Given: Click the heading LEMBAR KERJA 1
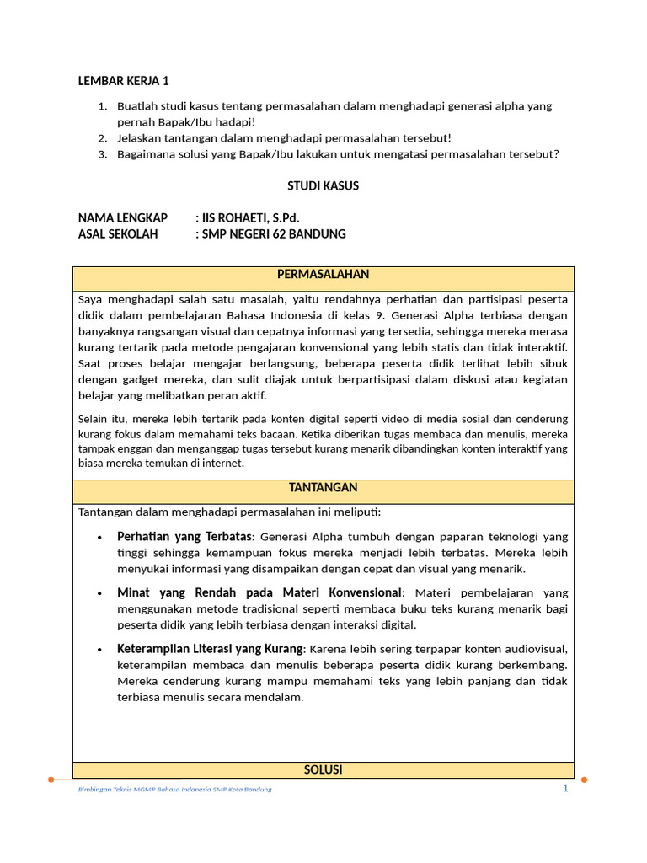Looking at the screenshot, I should (124, 81).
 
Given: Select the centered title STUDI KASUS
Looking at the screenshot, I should (323, 185).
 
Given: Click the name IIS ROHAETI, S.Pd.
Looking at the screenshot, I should (247, 218).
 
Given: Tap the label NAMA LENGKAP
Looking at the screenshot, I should (123, 218).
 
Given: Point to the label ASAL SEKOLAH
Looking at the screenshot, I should (118, 234).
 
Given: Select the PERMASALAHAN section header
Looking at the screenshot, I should (323, 275).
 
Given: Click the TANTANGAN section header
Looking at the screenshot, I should (323, 488).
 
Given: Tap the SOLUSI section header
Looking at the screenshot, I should (323, 769).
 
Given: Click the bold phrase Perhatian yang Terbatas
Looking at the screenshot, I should (184, 536).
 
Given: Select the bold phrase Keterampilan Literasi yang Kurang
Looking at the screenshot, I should (210, 649).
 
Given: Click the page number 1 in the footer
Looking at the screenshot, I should (566, 788).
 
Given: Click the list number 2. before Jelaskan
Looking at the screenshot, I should (102, 138).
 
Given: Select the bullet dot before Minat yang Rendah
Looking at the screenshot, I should (99, 593).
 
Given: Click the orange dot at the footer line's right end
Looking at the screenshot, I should (586, 780).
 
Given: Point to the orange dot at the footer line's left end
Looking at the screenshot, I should (51, 780).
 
